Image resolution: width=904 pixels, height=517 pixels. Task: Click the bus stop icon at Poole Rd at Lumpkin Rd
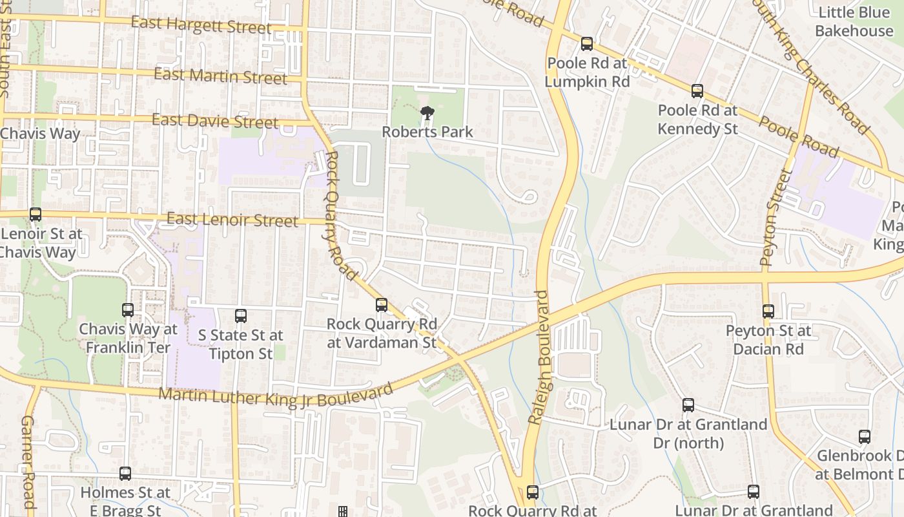(x=586, y=44)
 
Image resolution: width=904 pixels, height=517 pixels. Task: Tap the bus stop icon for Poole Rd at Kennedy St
(x=697, y=91)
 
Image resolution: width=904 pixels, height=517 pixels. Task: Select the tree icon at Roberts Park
(x=427, y=114)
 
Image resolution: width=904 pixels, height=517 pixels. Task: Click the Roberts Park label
(x=427, y=132)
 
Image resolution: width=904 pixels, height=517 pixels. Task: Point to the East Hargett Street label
(x=201, y=25)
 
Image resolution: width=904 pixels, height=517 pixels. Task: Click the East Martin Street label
(x=220, y=76)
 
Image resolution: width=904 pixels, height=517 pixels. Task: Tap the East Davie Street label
(x=215, y=121)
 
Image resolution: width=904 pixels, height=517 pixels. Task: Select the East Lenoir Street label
(x=232, y=220)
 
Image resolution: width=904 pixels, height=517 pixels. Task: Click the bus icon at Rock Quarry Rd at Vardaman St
(x=382, y=304)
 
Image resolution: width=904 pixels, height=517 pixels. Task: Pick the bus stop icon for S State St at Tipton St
(x=241, y=316)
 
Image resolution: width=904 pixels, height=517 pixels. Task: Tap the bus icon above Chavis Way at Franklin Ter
(x=128, y=310)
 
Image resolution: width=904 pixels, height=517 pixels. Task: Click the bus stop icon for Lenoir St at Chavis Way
(x=36, y=215)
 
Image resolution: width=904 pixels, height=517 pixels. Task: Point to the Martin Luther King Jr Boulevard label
(x=276, y=396)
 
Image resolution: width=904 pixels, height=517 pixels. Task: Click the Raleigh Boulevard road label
(x=542, y=357)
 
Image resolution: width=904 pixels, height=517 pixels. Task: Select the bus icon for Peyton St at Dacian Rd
(x=768, y=311)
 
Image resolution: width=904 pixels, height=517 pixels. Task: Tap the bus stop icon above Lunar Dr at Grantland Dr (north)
(x=688, y=405)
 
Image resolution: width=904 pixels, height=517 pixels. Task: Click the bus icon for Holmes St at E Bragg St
(x=125, y=474)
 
